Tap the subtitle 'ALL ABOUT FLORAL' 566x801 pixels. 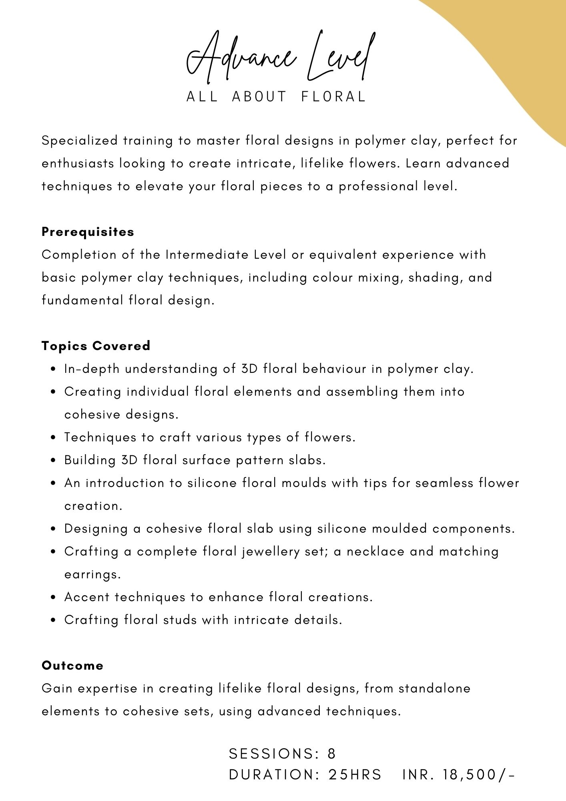click(276, 97)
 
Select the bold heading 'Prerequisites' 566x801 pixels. click(88, 232)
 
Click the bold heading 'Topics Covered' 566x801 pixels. click(96, 346)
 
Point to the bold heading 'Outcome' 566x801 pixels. click(72, 666)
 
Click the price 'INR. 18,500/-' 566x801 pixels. click(459, 775)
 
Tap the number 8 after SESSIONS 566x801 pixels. click(331, 754)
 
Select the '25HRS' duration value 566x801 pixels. click(355, 775)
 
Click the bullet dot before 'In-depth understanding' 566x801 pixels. click(53, 370)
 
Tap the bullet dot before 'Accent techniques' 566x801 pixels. click(53, 598)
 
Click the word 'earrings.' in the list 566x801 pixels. click(92, 575)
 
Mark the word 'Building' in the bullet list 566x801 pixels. click(90, 460)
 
